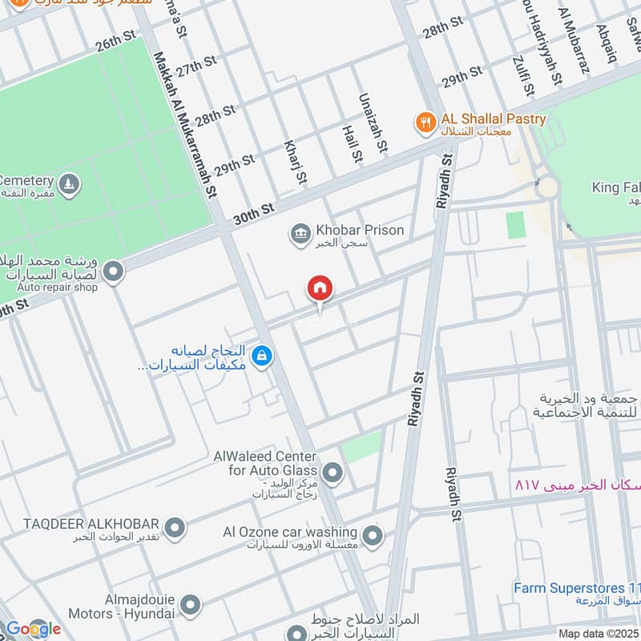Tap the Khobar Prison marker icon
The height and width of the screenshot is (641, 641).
coord(300,234)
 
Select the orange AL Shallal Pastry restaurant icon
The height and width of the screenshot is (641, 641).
coord(425,123)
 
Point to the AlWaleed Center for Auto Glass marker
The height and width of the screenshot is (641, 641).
coord(333,474)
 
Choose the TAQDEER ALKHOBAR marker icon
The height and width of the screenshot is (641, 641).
coord(175,528)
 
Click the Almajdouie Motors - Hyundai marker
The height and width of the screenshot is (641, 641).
coord(190,606)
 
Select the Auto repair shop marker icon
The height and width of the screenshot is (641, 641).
coord(113,272)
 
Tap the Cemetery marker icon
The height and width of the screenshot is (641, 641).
coord(71,184)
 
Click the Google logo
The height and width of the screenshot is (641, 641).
coord(33,629)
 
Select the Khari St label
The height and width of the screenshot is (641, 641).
coord(295,161)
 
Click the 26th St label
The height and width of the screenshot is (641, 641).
coord(117,42)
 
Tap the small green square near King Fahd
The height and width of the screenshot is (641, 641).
coord(515,224)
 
